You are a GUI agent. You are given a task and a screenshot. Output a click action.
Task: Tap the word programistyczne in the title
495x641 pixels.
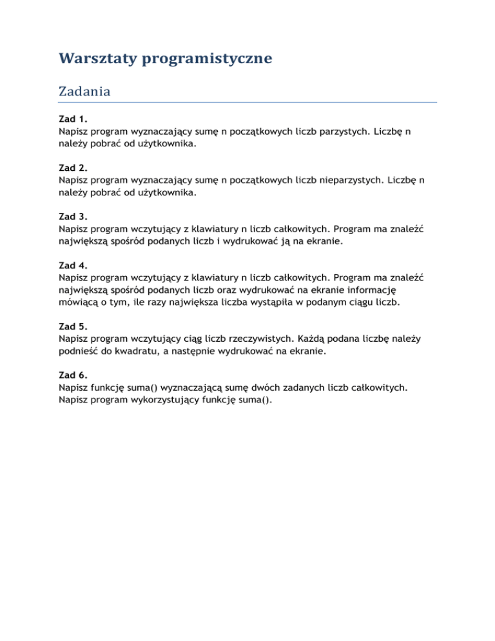point(209,59)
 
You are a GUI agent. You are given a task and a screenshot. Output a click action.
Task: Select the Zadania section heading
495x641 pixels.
point(84,92)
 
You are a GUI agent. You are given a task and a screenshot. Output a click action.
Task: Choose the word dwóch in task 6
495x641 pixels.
point(268,387)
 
